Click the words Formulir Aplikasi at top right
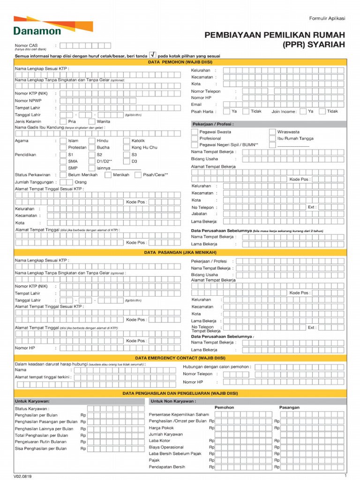327,18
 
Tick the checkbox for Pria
63,121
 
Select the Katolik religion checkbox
127,141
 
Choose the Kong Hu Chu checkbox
127,147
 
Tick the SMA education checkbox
63,161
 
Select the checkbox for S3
127,154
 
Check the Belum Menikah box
63,175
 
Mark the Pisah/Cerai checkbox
138,175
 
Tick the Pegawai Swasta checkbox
195,132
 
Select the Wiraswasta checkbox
272,132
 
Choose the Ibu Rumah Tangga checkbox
272,139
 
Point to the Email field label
196,105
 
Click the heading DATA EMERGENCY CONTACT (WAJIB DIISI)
180,358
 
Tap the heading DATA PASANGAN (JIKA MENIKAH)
180,252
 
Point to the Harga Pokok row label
161,427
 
